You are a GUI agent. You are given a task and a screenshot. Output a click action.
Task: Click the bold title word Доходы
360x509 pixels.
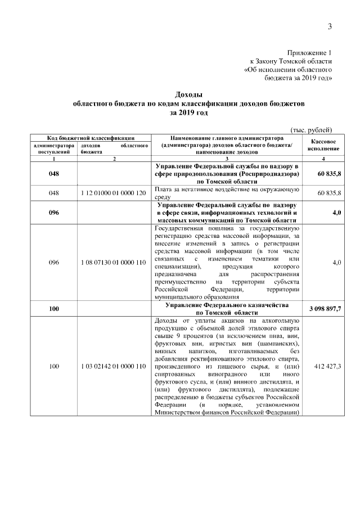pyautogui.click(x=188, y=95)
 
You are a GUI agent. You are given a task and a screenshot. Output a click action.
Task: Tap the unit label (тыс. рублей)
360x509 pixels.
pyautogui.click(x=312, y=129)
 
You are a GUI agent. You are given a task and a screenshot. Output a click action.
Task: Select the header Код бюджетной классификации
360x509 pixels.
pyautogui.click(x=90, y=137)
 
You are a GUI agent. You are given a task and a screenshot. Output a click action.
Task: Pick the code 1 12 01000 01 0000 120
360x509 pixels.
pyautogui.click(x=114, y=193)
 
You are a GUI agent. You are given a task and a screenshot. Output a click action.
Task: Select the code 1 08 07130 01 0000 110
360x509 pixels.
pyautogui.click(x=114, y=263)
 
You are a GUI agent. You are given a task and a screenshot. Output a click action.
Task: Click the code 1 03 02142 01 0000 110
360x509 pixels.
pyautogui.click(x=114, y=366)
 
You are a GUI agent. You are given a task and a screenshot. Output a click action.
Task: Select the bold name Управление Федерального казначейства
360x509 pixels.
pyautogui.click(x=227, y=304)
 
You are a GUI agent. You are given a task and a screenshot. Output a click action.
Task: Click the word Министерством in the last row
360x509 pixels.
pyautogui.click(x=179, y=412)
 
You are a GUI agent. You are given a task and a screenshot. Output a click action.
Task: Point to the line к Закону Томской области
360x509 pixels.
pyautogui.click(x=291, y=61)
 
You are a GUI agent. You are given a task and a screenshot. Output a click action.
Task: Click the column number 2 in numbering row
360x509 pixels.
pyautogui.click(x=114, y=160)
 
